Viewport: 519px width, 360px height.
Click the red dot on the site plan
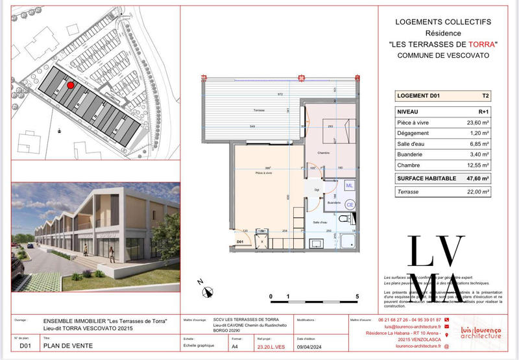pyautogui.click(x=71, y=84)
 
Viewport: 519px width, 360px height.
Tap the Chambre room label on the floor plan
pyautogui.click(x=324, y=153)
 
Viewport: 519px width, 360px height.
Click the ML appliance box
pyautogui.click(x=349, y=186)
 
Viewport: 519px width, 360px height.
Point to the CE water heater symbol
pyautogui.click(x=350, y=205)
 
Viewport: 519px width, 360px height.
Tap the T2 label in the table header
pyautogui.click(x=485, y=95)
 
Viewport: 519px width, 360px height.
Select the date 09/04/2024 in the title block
pyautogui.click(x=309, y=346)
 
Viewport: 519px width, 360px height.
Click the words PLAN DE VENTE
pyautogui.click(x=68, y=346)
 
